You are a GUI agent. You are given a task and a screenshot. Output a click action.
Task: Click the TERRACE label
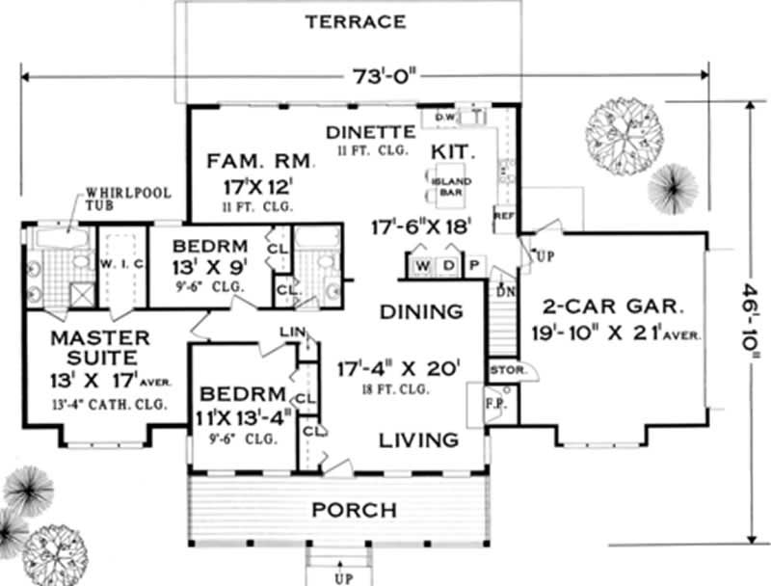point(356,21)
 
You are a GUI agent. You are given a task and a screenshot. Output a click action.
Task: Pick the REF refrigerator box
point(503,218)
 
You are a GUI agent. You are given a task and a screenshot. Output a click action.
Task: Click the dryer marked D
point(449,265)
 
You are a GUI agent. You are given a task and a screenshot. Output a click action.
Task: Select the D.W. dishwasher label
point(444,118)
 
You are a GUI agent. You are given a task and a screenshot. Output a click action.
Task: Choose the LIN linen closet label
point(290,333)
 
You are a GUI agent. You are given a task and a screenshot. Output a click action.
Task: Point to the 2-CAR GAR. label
point(613,309)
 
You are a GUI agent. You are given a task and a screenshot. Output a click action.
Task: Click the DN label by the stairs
point(503,291)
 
